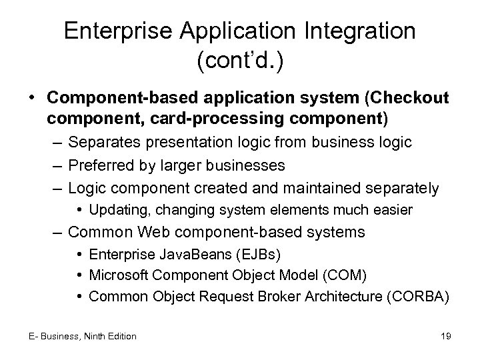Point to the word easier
(394, 210)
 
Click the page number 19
(445, 336)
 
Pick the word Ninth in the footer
(95, 336)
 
